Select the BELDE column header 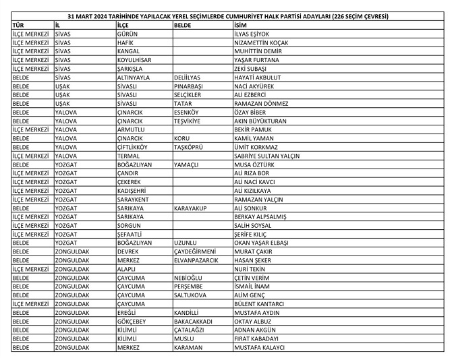[183, 25]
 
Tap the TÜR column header [19, 25]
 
